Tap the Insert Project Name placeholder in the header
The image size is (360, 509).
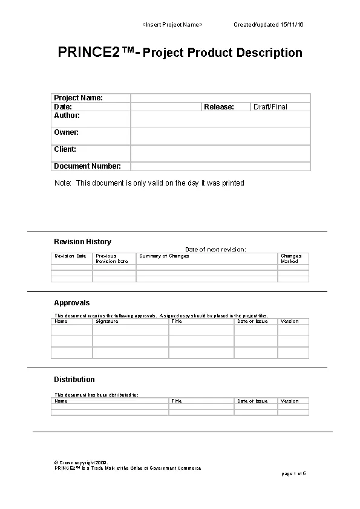(x=172, y=24)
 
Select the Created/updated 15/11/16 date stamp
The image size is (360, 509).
(x=269, y=24)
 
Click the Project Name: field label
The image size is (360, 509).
(x=78, y=98)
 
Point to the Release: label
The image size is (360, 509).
(x=219, y=107)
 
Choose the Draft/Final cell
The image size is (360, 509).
(x=270, y=107)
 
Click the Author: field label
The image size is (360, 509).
(x=67, y=115)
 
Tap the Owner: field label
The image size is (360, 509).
(x=66, y=132)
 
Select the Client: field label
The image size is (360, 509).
(x=65, y=149)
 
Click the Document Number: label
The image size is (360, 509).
(x=87, y=166)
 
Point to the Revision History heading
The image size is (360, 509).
(x=82, y=242)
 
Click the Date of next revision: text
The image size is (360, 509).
(x=215, y=249)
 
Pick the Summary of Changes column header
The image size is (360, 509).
(x=164, y=256)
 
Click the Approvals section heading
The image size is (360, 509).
(x=71, y=303)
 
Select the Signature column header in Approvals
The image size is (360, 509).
(x=107, y=322)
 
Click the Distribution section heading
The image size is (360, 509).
(x=74, y=380)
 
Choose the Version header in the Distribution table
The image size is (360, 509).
(x=289, y=401)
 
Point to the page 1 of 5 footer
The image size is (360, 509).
(x=294, y=473)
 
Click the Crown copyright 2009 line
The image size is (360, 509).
(x=82, y=462)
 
